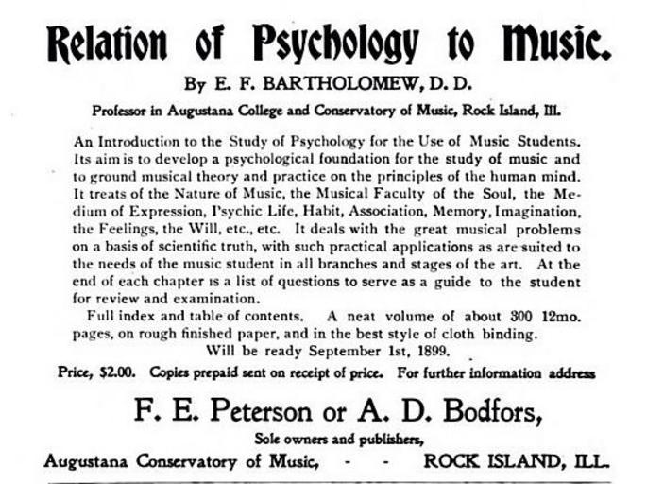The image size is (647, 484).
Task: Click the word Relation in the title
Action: click(106, 42)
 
